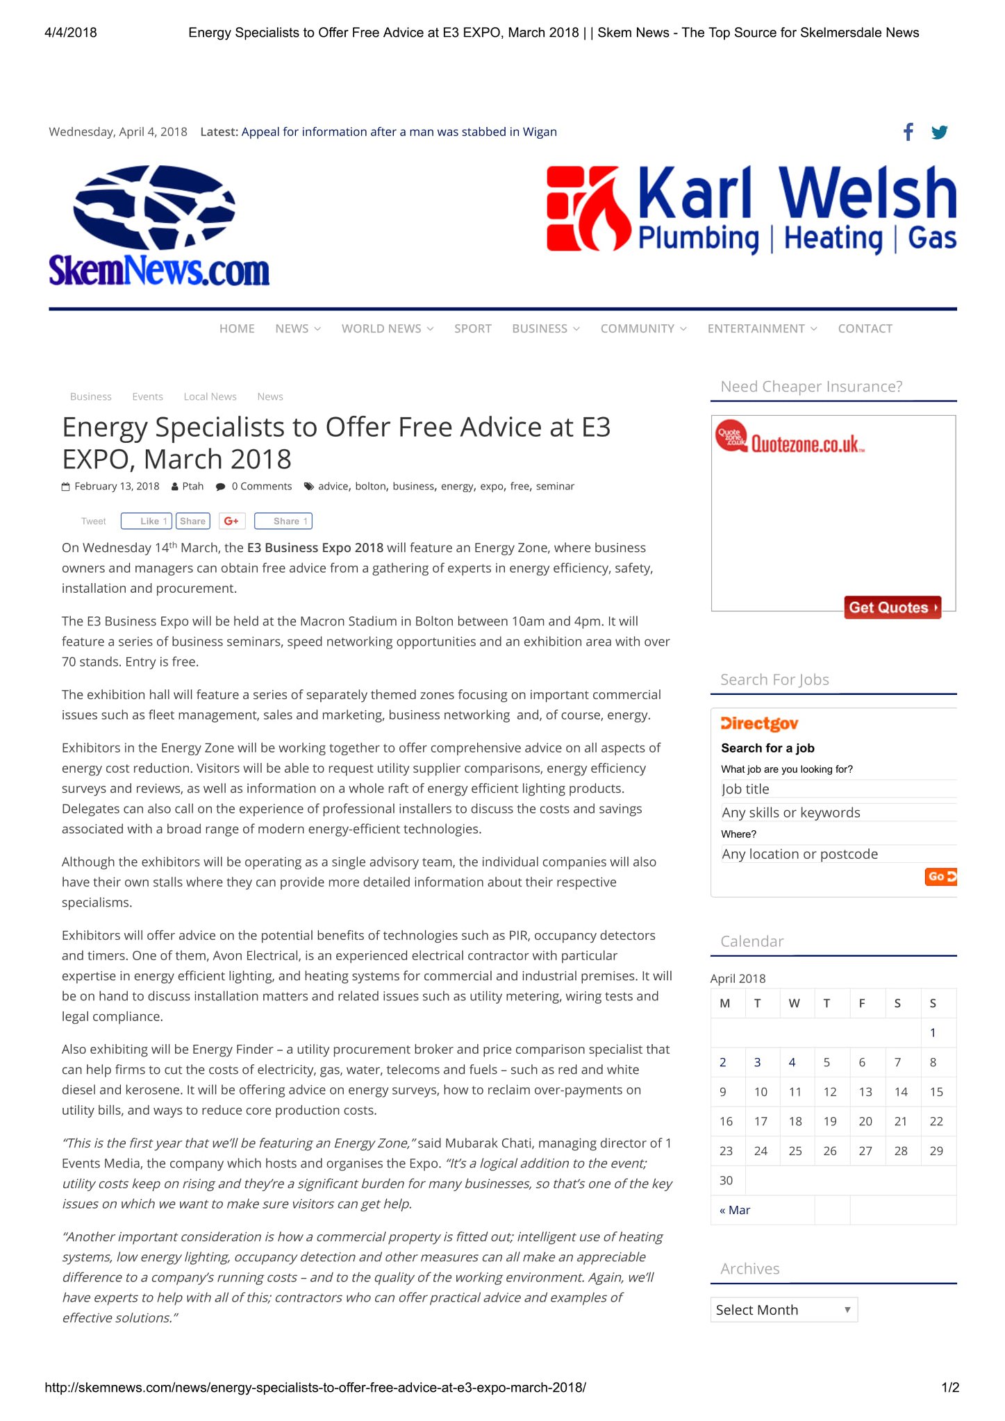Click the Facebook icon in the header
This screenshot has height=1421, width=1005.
908,132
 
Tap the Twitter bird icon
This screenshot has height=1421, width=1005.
939,132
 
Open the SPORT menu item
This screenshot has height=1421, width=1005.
472,328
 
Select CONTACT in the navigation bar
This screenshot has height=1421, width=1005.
865,328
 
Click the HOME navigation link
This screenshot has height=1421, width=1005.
237,328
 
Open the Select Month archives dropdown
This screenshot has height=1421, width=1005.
783,1310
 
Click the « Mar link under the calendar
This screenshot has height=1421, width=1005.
735,1210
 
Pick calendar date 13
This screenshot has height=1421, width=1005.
865,1092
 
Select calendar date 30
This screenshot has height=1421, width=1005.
726,1180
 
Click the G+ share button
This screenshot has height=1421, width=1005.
232,521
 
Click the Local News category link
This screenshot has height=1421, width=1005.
210,396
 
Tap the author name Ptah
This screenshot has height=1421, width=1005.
192,486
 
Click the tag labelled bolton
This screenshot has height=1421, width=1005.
370,486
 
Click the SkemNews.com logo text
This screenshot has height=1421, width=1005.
159,270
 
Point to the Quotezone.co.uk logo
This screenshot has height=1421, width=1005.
792,439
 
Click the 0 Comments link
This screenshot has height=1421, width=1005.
261,486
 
